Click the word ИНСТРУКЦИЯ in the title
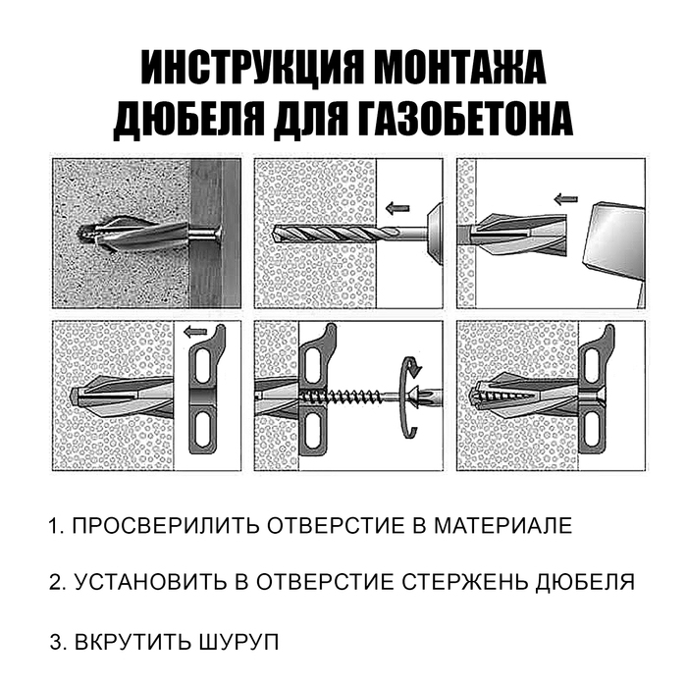click(246, 70)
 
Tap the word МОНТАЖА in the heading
click(460, 70)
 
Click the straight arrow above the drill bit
click(396, 208)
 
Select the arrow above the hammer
click(565, 200)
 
